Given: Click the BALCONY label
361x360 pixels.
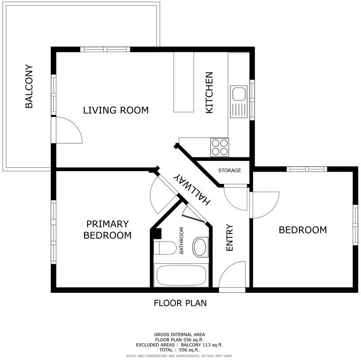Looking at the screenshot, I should click(x=29, y=87).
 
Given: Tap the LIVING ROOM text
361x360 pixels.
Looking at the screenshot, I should click(x=115, y=110).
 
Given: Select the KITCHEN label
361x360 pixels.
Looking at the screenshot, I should click(x=209, y=92).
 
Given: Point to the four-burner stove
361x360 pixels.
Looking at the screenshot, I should click(x=220, y=147).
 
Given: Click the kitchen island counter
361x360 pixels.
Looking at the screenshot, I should click(x=184, y=82).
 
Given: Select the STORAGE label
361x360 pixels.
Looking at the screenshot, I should click(x=230, y=170).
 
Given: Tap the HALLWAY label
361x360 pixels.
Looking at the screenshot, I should click(x=191, y=189).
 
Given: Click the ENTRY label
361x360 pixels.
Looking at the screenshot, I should click(x=230, y=237).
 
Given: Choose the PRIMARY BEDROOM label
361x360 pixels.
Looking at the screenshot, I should click(x=107, y=230).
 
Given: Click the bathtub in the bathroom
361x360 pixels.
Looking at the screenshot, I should click(x=181, y=275).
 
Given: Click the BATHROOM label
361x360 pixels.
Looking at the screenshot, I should click(x=182, y=241).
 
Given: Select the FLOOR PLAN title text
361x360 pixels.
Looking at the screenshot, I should click(x=180, y=303).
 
